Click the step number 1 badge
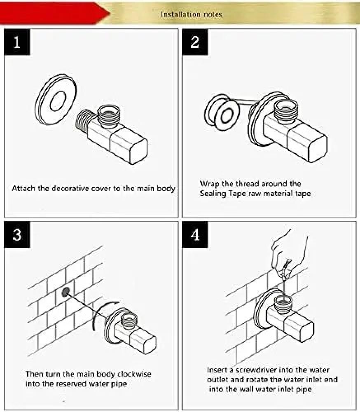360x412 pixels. [x=17, y=42]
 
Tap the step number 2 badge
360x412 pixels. [x=195, y=42]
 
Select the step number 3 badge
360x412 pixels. [x=17, y=235]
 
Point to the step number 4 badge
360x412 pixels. [x=195, y=235]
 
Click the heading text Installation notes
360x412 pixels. [x=191, y=14]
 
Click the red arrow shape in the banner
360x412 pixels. [x=54, y=12]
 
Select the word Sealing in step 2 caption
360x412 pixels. [x=213, y=193]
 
